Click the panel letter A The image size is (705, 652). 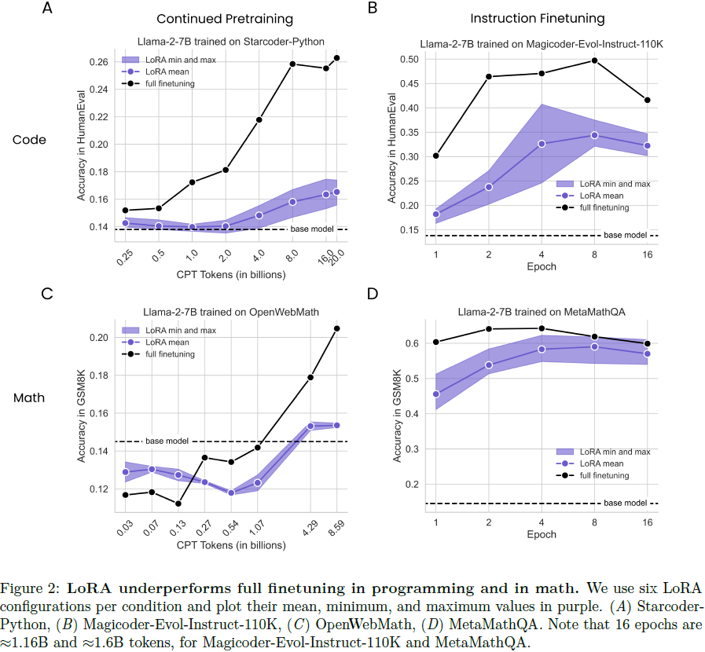(x=49, y=9)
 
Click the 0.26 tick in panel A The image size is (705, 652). (x=97, y=62)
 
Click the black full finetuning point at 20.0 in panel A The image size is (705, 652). (x=336, y=57)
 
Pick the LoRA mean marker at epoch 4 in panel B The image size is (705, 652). (x=542, y=144)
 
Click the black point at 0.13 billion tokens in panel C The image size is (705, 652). (x=178, y=504)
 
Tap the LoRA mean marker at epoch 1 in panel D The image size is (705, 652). (x=436, y=394)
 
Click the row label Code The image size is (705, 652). (x=30, y=140)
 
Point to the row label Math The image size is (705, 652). (x=29, y=397)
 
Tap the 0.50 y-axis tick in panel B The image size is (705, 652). (x=409, y=59)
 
